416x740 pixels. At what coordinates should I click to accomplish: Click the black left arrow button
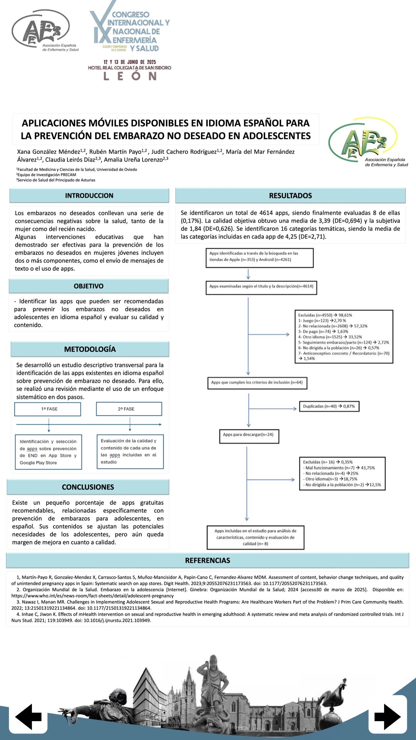[29, 716]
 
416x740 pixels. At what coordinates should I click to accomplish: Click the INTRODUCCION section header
[89, 195]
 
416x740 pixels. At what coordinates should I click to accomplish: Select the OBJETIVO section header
[89, 286]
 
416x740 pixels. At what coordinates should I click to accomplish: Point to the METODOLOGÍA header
[90, 349]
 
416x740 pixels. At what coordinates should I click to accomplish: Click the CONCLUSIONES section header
[88, 487]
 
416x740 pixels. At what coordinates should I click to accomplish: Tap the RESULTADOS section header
[290, 195]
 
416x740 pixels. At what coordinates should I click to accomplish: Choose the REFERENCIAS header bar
[208, 560]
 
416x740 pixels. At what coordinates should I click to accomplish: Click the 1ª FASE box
[48, 409]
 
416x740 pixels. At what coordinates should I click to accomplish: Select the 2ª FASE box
[129, 409]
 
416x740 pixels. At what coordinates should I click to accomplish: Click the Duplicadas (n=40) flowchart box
[329, 406]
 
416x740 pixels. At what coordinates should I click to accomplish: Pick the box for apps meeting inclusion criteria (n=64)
[257, 383]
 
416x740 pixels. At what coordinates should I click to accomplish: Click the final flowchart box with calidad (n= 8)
[255, 537]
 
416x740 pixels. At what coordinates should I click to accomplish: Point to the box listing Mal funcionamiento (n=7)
[342, 473]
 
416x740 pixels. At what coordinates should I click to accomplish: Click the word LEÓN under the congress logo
[130, 76]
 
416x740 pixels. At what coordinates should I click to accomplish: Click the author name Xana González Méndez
[49, 152]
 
